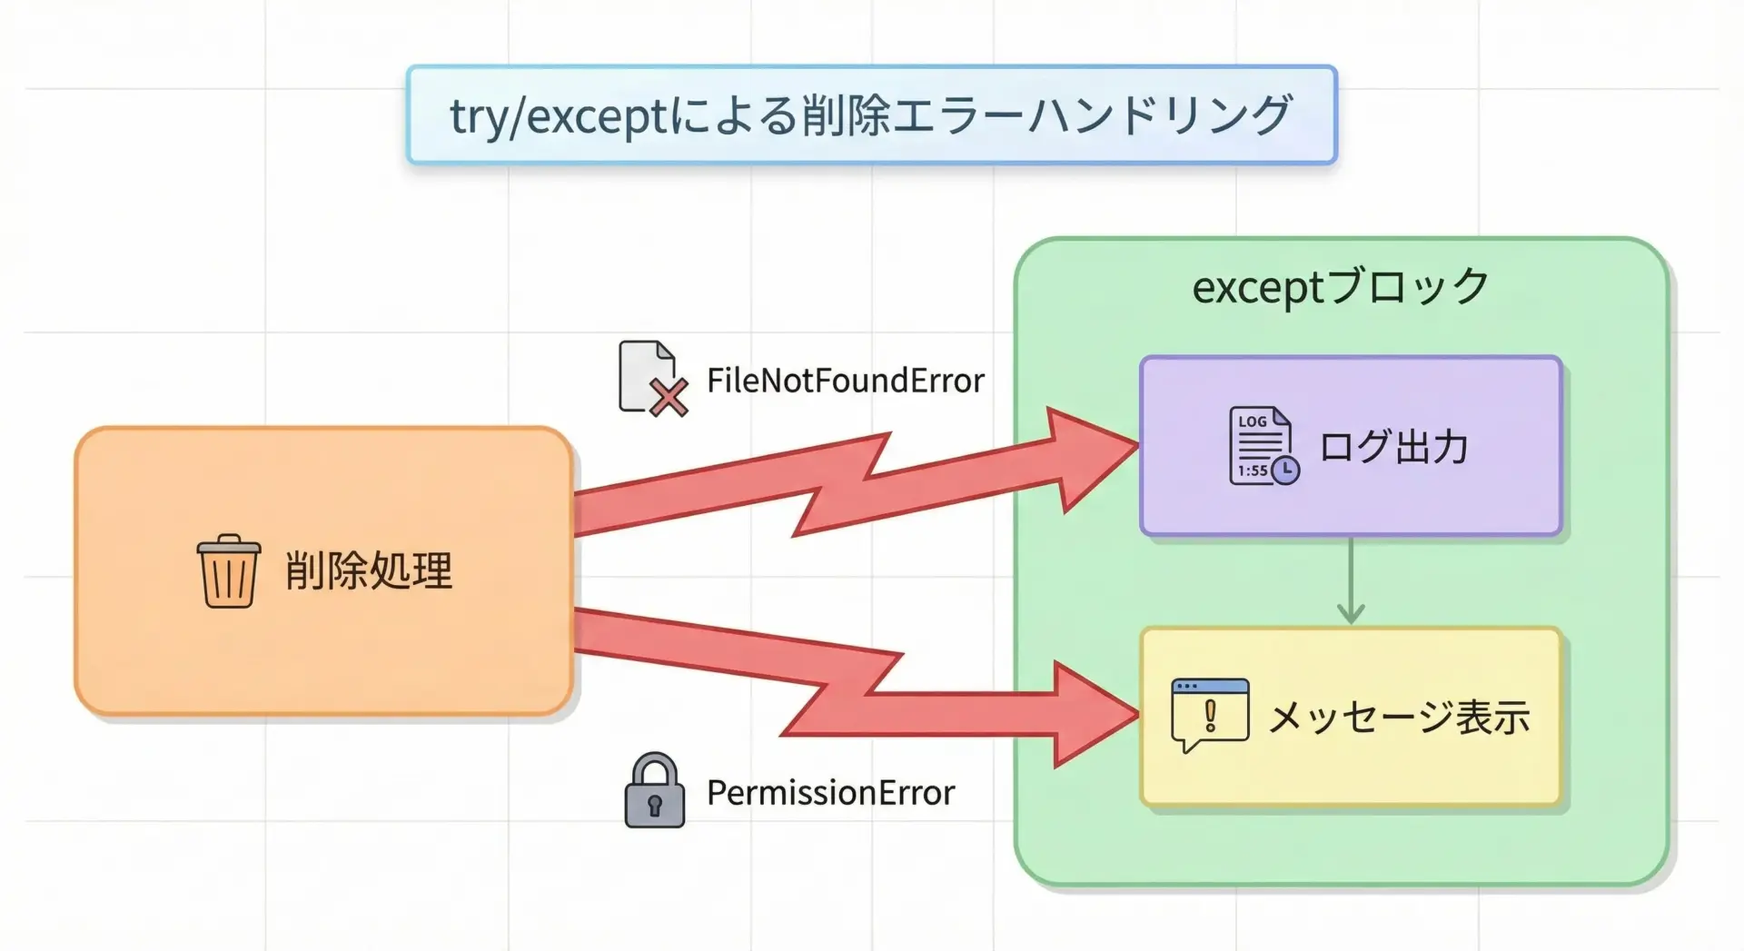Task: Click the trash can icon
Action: click(229, 571)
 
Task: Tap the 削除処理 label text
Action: click(369, 571)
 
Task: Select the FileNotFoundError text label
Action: click(846, 381)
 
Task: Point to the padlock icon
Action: click(654, 790)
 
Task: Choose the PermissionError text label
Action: click(831, 793)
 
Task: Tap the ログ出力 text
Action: click(1393, 447)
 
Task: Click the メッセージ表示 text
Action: click(1399, 718)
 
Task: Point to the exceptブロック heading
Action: click(1341, 287)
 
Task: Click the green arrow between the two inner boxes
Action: click(1351, 580)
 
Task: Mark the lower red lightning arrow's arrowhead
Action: click(1095, 715)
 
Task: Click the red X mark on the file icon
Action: click(669, 399)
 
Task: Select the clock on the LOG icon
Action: click(1285, 470)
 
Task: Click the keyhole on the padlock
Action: click(654, 805)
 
